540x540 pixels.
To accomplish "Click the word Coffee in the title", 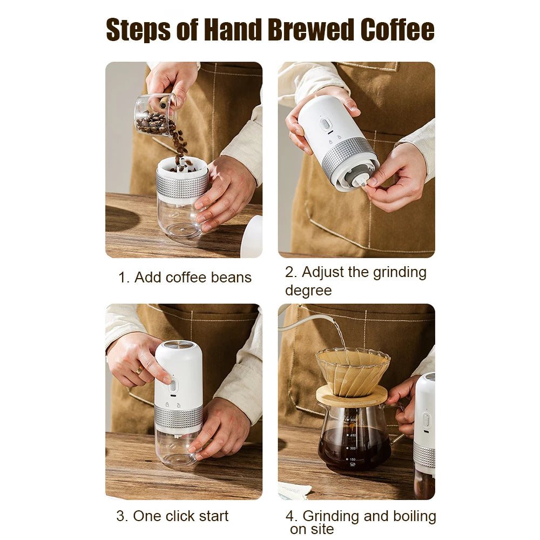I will [397, 30].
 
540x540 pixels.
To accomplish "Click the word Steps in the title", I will [136, 30].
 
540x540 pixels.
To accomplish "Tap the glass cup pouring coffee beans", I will [153, 114].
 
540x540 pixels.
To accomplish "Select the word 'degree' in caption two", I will [308, 291].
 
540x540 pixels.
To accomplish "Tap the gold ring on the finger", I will [139, 370].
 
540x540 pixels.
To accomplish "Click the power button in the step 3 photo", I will [173, 386].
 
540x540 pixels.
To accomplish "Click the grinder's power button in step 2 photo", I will [325, 124].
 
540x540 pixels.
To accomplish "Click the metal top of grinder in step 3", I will [178, 345].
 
